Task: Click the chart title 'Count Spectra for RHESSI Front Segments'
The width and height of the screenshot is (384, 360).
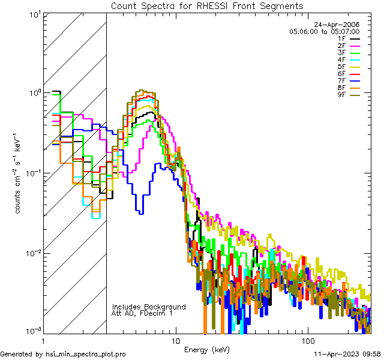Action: [x=207, y=5]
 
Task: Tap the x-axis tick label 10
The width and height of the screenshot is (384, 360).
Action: [x=175, y=340]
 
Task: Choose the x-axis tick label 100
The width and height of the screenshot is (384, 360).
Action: [x=307, y=340]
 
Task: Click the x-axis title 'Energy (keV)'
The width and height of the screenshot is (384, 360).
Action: [x=206, y=349]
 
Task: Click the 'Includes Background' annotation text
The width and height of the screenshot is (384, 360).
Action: [x=148, y=307]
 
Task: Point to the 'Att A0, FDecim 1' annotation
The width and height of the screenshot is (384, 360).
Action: [x=142, y=313]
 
